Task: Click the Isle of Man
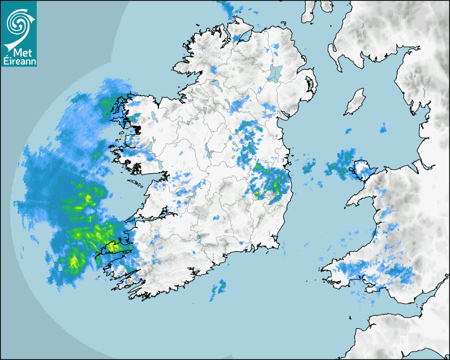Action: click(355, 102)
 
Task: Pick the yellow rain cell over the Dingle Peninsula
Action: click(113, 246)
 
